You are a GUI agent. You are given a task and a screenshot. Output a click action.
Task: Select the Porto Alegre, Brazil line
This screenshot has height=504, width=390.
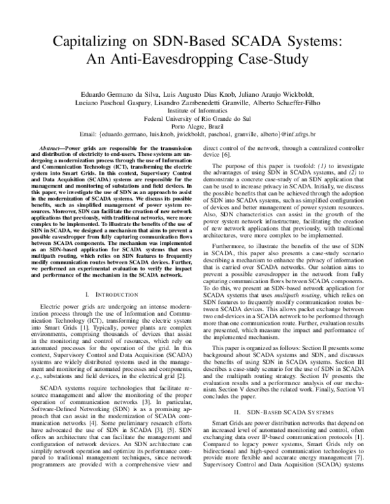point(195,127)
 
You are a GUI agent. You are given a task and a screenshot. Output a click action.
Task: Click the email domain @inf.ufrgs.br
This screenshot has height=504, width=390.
point(311,135)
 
